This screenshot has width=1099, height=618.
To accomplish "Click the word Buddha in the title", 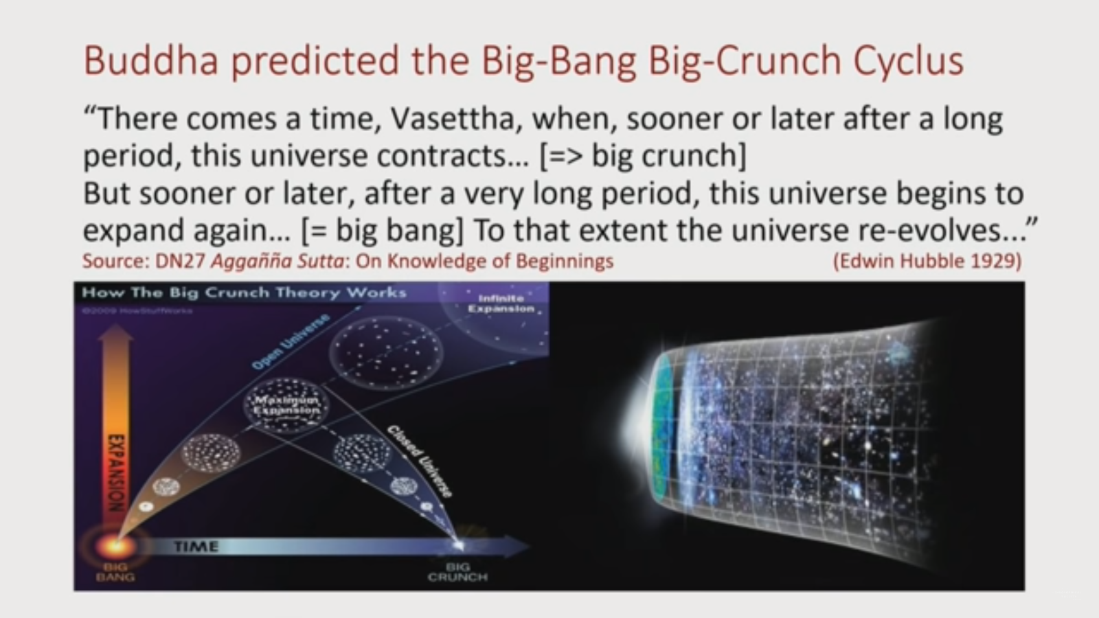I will click(151, 60).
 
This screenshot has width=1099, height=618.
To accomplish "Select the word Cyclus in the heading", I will click(908, 60).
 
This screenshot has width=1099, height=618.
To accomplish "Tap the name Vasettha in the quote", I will click(452, 119).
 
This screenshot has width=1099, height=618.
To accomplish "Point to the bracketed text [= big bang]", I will click(382, 230).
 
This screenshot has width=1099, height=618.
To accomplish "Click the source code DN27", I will click(180, 262).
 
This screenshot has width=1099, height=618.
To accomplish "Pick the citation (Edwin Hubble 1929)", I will click(927, 262).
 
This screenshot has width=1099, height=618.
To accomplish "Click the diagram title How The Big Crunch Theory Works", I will click(244, 293).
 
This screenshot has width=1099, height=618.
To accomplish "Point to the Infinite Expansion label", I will click(501, 304).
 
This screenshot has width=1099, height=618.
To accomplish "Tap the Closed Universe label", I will click(420, 460).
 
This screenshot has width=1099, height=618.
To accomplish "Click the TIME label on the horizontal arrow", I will click(196, 547).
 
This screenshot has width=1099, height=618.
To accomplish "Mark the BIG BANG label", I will click(115, 572).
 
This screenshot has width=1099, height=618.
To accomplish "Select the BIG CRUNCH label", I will click(457, 572).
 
